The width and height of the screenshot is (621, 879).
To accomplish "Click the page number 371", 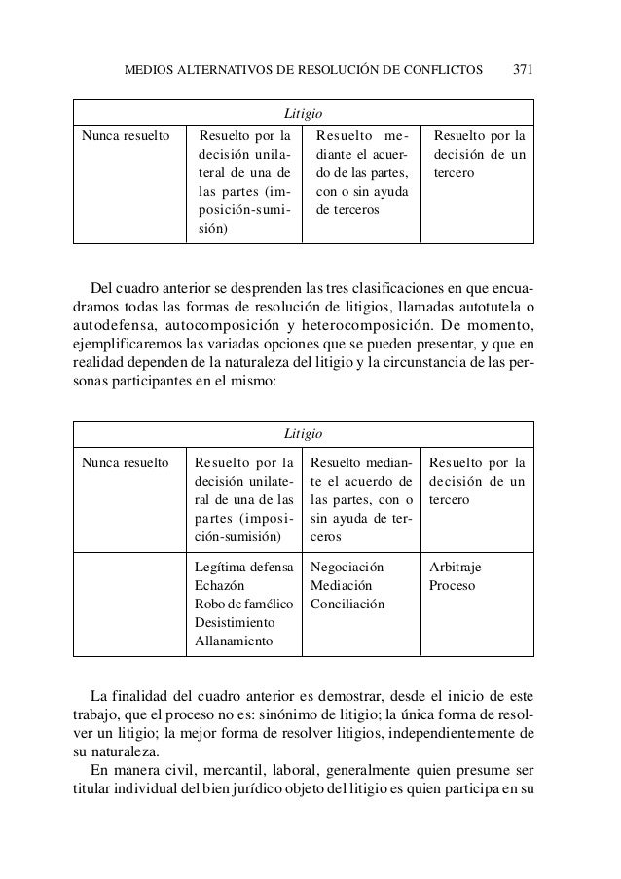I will (x=525, y=70).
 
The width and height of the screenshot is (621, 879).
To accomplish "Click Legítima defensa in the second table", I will (x=243, y=567).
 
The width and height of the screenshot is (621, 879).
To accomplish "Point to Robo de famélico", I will (x=244, y=604).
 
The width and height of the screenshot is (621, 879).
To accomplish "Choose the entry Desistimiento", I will (x=235, y=622).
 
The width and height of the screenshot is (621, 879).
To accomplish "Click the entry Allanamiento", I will (x=234, y=641).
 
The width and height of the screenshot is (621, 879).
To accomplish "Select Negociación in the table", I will (x=347, y=567).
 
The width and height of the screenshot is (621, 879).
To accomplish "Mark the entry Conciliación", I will (x=347, y=604).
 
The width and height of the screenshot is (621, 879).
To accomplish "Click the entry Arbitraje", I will (x=455, y=567).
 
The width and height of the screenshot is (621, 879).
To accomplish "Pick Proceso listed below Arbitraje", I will (x=451, y=585).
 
